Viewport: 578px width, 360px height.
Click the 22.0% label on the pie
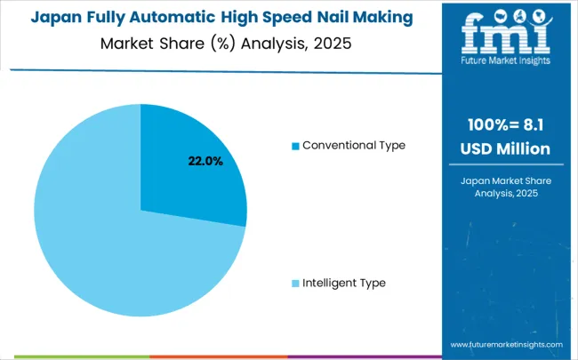tap(205, 161)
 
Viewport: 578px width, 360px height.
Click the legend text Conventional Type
tap(354, 145)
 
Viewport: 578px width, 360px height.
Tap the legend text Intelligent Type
tap(344, 283)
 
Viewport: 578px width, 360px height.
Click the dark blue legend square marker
tap(296, 146)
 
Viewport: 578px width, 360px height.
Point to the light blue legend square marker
tap(296, 284)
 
